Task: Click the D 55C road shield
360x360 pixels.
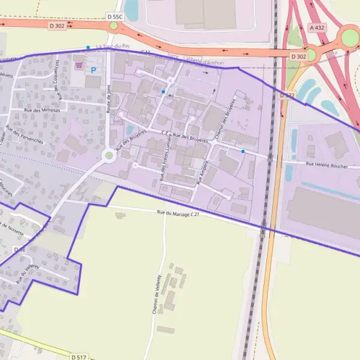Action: [x=114, y=17]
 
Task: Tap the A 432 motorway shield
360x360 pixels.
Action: [x=317, y=28]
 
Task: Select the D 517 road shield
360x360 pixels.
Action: [x=79, y=357]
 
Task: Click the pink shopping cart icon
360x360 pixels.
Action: [x=79, y=65]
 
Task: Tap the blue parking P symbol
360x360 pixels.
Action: [x=93, y=70]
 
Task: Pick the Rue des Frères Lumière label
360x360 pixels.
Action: [x=166, y=157]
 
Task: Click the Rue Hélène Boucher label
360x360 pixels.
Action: [x=326, y=166]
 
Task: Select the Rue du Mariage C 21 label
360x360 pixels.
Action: [x=178, y=213]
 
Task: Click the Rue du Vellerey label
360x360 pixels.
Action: [x=28, y=274]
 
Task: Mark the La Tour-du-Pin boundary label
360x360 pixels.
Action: [x=112, y=47]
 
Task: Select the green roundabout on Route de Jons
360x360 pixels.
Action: [x=109, y=155]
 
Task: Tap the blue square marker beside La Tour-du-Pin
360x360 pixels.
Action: [x=88, y=47]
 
